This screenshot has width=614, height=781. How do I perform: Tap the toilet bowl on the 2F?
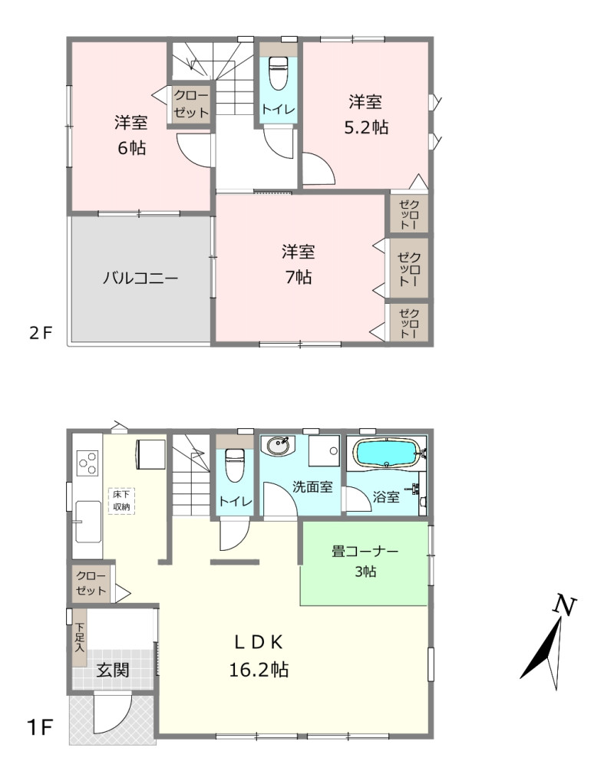coord(278,73)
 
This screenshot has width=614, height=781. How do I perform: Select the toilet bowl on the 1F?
coord(234,465)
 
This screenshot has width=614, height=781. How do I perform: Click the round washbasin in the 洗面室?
coord(278,446)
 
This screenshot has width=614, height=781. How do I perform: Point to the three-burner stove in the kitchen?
coord(87,463)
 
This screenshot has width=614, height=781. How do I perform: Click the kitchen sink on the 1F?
coord(88,522)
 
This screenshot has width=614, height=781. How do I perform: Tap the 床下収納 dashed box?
coord(121,500)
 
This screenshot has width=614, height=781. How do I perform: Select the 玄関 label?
coord(113,670)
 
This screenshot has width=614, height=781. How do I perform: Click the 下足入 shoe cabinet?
coord(79,638)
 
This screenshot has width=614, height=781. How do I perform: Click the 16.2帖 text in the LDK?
coord(259,670)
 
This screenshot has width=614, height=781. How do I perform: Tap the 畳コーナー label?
coord(365,552)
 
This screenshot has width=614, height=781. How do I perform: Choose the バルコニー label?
coord(140,278)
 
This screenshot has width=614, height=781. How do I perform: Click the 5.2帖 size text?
coord(366,127)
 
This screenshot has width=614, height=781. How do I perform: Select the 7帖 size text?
coord(298,277)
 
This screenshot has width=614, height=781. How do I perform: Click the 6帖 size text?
coord(131,148)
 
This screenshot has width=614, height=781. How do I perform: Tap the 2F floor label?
coord(41,333)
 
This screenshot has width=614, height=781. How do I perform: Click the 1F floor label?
coord(39,728)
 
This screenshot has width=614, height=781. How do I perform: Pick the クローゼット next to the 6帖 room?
coord(191,104)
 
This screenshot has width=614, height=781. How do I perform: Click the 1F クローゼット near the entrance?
coord(91,583)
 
